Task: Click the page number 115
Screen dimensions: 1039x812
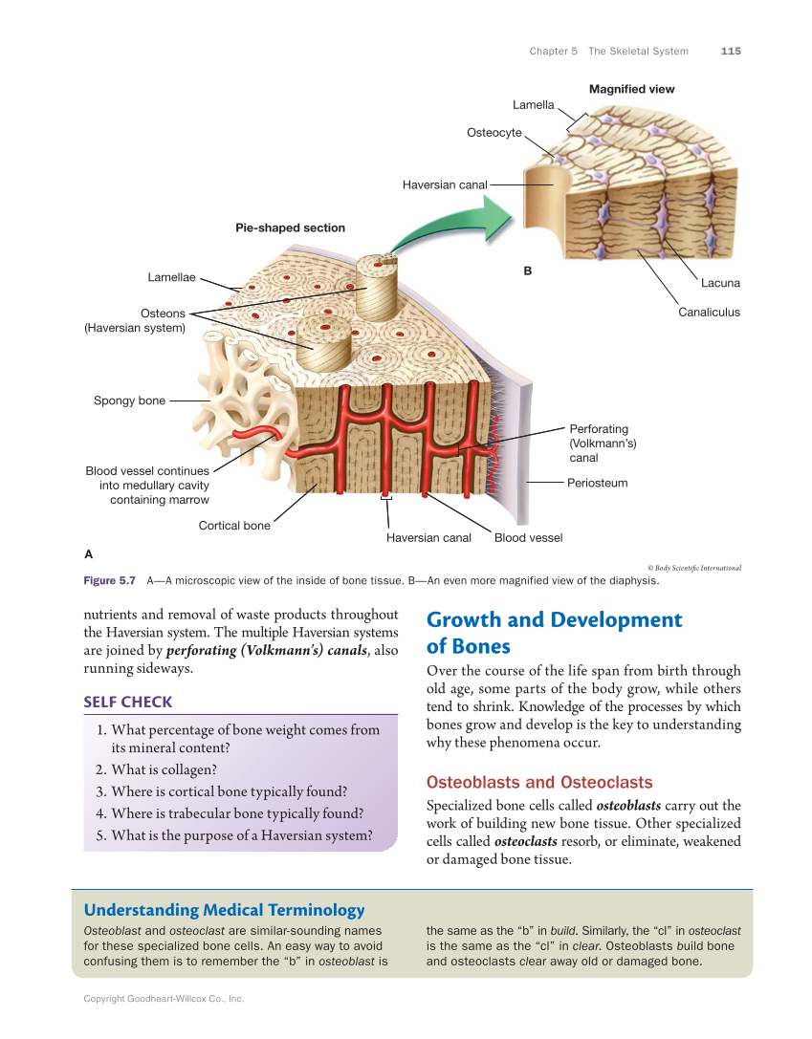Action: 731,51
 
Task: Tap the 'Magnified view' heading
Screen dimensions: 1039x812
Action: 631,89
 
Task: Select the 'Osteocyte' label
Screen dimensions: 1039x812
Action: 494,132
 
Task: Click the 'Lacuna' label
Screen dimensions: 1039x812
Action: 720,283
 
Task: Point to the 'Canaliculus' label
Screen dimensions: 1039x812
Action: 709,312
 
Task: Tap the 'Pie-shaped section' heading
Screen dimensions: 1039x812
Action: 290,227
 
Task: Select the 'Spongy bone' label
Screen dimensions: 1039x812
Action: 129,400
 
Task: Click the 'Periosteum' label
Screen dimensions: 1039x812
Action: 597,483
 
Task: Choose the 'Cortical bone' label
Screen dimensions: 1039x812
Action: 234,525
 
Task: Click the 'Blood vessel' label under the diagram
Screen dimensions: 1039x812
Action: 528,537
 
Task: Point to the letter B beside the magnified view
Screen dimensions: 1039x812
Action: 527,271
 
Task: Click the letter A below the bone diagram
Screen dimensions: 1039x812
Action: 89,553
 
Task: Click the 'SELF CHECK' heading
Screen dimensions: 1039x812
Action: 128,702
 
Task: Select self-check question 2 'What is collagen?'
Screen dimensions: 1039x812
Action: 164,769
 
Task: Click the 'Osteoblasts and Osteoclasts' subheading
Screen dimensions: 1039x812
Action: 539,782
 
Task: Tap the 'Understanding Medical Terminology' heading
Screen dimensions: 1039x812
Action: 224,910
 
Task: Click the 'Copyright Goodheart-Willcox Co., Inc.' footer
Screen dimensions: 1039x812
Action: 164,999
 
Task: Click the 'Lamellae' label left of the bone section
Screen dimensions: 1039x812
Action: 171,277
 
